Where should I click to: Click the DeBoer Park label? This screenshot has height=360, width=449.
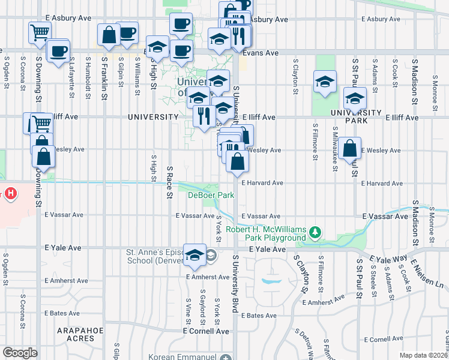coord(211,195)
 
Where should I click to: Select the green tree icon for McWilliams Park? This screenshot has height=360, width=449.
coord(314,232)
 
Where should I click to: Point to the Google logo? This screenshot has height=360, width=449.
coord(20,352)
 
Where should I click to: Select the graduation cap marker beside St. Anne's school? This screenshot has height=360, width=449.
coord(194,254)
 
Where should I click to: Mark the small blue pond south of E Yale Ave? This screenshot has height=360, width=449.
coord(271,280)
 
